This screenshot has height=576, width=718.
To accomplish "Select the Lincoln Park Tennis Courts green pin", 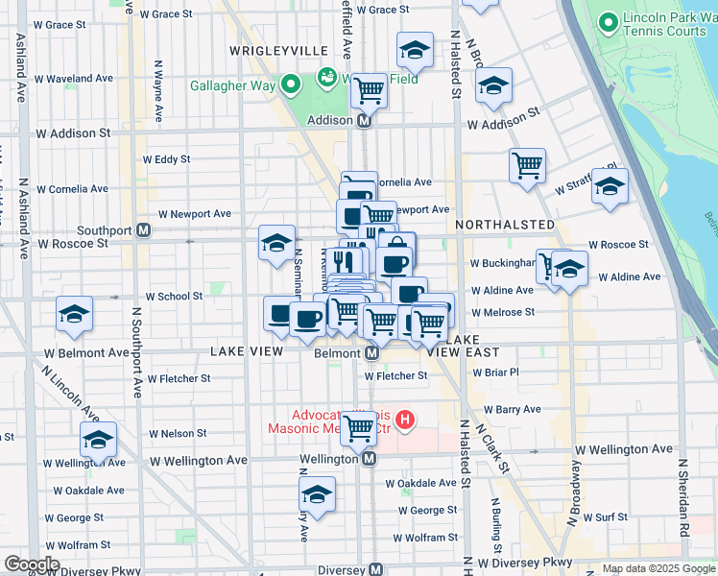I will (607, 22).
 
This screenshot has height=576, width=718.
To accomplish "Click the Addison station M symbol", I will (365, 122).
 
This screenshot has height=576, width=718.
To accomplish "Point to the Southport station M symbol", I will (143, 230).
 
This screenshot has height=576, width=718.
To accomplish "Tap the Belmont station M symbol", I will (373, 352).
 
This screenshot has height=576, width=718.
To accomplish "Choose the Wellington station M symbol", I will (368, 459).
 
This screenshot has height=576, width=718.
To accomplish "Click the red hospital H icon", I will (406, 420).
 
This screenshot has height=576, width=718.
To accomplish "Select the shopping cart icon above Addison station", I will (369, 91).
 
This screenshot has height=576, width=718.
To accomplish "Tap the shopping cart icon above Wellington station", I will (359, 428).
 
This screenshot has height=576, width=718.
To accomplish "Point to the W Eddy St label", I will (166, 159).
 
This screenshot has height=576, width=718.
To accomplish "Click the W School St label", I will (173, 297).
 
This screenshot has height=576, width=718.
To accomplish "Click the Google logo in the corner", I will (31, 564).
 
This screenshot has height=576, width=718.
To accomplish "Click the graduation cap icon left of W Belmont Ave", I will (74, 315).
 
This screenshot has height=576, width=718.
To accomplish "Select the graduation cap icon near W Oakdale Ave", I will (317, 494).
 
